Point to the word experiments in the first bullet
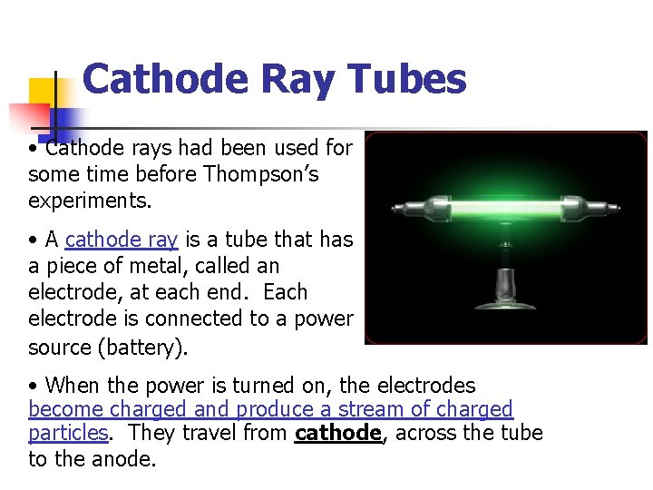coord(83,200)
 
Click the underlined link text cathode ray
coord(122,240)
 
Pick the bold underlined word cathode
coord(338,434)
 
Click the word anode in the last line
coord(122,460)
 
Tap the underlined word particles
coord(68,434)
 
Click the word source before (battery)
coord(60,347)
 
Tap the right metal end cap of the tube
coord(606,208)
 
